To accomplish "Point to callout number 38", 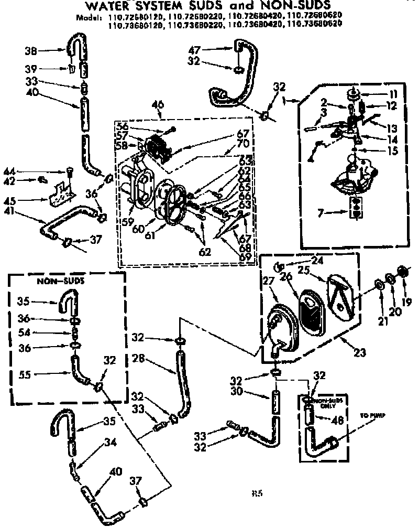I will [x=31, y=51].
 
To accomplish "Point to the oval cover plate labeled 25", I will [x=339, y=295].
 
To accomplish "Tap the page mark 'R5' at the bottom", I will [x=257, y=492].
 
